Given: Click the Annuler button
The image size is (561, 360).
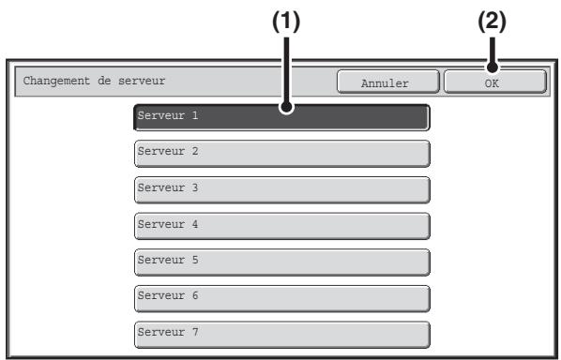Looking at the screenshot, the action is point(388,82).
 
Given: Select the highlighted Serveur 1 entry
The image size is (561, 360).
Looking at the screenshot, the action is point(282,117).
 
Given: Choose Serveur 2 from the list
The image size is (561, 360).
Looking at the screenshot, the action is point(282,154).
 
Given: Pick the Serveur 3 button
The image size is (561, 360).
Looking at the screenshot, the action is point(282,189).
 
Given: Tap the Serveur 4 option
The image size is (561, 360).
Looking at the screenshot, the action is point(282,226).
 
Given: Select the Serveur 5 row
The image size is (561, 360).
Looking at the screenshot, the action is point(282,262).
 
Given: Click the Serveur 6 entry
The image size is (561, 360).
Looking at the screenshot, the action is point(282,298).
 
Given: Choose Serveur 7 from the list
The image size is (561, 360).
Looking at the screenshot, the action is point(282,335).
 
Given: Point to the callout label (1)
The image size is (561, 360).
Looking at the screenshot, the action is point(286,22).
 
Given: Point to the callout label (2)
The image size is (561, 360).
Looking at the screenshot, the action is point(493,22).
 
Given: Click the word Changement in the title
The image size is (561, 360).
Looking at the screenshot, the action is point(56,82).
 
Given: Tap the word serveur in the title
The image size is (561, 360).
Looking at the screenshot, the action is point(142,82).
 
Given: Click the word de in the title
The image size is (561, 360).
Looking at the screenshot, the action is point(104,81).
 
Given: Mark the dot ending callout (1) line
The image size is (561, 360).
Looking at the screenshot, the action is point(286,107).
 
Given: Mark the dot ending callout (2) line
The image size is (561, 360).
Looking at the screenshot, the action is point(493,67).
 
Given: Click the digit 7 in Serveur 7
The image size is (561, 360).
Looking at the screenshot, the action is point(195,332).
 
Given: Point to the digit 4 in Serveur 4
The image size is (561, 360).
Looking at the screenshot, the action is point(195,224).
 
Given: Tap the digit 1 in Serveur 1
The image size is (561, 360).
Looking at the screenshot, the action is point(195,115).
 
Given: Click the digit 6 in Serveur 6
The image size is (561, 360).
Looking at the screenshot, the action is point(195,295).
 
